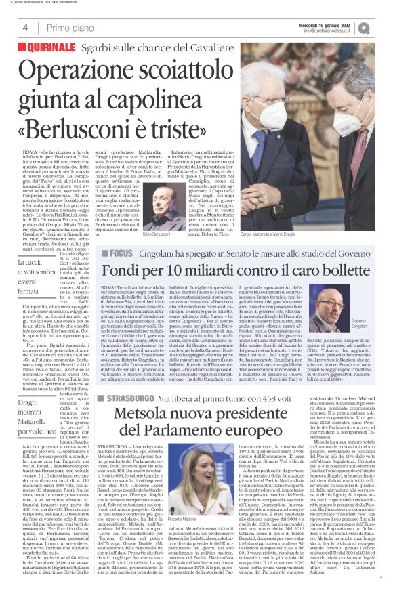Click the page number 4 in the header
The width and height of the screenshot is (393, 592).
(x=24, y=28)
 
